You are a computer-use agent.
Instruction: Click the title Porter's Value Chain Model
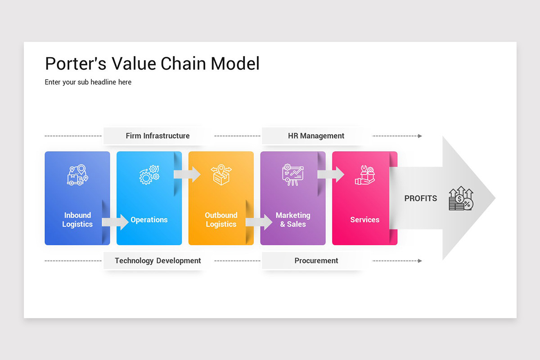[x=152, y=63]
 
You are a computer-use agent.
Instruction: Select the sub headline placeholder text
[x=88, y=82]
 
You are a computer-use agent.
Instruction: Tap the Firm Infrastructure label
[x=157, y=135]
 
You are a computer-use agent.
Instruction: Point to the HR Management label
[x=316, y=135]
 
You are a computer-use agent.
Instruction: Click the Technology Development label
[x=157, y=261]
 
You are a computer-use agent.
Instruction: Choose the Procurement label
[x=316, y=261]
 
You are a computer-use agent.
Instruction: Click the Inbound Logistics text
[x=77, y=220]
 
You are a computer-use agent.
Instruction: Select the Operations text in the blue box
[x=149, y=220]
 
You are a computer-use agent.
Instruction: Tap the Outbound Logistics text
[x=221, y=220]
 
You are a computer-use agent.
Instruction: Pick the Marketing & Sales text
[x=293, y=220]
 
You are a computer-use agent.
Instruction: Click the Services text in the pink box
[x=364, y=220]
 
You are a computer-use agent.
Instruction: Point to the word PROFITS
[x=420, y=198]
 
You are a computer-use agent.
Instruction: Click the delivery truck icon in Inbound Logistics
[x=77, y=175]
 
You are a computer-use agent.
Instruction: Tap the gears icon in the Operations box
[x=149, y=175]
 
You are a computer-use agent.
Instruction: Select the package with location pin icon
[x=221, y=175]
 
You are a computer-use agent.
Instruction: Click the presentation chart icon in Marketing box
[x=292, y=175]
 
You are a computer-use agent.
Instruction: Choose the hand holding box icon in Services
[x=364, y=175]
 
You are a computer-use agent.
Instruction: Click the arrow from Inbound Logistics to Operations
[x=115, y=222]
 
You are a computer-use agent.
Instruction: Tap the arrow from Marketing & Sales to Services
[x=331, y=175]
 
